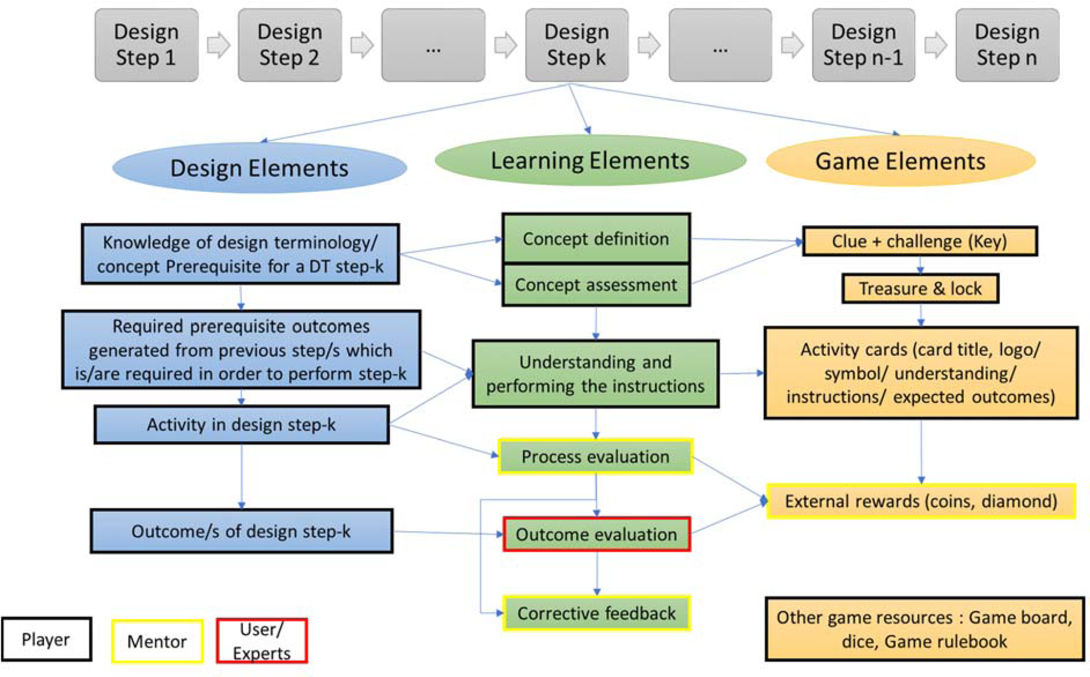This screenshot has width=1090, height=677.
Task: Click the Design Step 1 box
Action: (x=146, y=45)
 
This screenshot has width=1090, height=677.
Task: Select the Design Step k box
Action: (x=576, y=45)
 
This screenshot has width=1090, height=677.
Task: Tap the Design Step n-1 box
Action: (x=863, y=45)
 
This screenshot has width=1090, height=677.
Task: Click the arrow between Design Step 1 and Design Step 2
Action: (x=218, y=45)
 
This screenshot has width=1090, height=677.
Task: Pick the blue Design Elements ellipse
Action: (x=259, y=168)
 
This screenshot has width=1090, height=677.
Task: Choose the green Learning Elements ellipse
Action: (x=590, y=160)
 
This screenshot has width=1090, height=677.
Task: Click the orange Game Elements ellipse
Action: (x=900, y=161)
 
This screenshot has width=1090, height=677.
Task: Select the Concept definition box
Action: (x=596, y=239)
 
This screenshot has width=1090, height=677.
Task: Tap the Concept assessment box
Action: (x=596, y=285)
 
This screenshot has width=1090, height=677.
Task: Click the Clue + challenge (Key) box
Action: (x=920, y=241)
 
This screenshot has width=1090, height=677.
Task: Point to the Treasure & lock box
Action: (x=920, y=288)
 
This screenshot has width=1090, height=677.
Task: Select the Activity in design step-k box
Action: (x=241, y=425)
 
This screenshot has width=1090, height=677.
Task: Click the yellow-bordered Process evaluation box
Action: (x=595, y=456)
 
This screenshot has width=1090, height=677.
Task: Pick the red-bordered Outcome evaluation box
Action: (x=596, y=534)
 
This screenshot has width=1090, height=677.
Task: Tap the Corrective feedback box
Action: (x=596, y=613)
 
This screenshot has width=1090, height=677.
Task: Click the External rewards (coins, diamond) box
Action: (x=921, y=501)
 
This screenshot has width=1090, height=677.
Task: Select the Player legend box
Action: (x=46, y=639)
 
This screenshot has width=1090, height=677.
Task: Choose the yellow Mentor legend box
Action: (x=157, y=641)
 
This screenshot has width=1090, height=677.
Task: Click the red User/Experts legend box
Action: (x=261, y=641)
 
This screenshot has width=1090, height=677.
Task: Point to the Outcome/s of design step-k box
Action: (x=241, y=531)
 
